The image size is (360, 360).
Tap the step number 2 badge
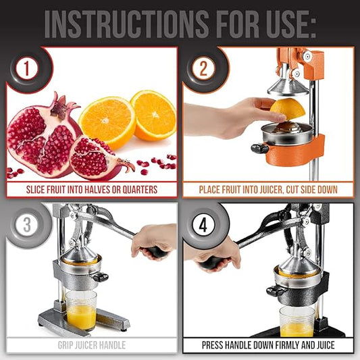pyautogui.click(x=203, y=68)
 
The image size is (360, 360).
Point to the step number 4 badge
pyautogui.click(x=203, y=225)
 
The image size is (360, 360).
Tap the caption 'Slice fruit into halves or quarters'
pyautogui.click(x=91, y=190)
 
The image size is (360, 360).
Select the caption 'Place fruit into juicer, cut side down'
pyautogui.click(x=268, y=190)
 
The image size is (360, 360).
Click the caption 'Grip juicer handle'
pyautogui.click(x=91, y=345)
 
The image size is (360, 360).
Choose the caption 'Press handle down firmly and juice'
pyautogui.click(x=268, y=345)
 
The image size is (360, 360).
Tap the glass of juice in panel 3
pyautogui.click(x=81, y=311)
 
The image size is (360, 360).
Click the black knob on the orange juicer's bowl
pyautogui.click(x=259, y=148)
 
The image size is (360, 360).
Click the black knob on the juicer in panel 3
pyautogui.click(x=101, y=277)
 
